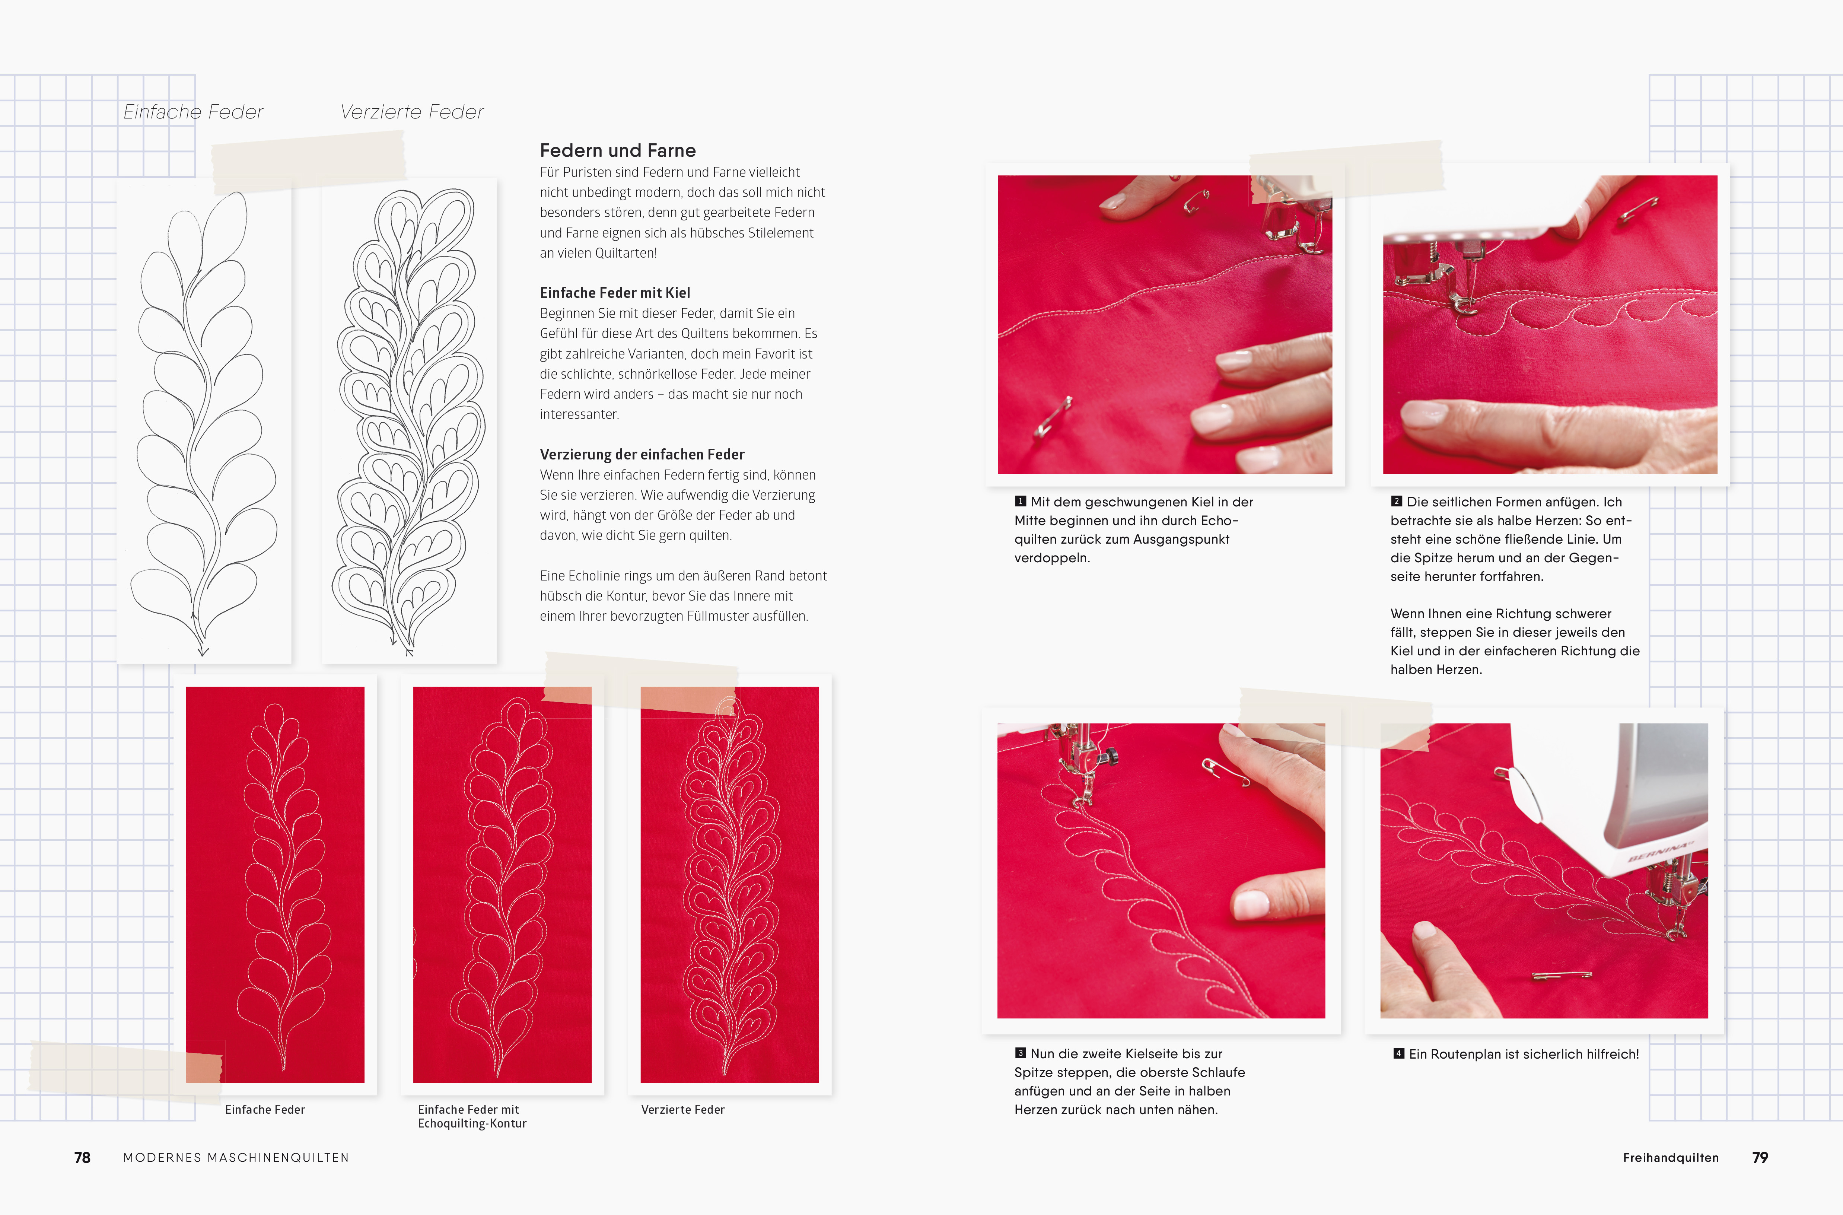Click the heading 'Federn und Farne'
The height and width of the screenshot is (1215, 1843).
click(x=617, y=150)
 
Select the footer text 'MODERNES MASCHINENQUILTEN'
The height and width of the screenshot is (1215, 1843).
click(x=236, y=1158)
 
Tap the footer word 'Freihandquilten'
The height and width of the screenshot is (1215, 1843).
click(x=1671, y=1158)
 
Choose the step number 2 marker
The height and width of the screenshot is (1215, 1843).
click(x=1397, y=501)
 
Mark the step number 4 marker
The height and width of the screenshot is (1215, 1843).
click(x=1398, y=1053)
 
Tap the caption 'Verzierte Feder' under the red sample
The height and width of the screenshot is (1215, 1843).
click(x=682, y=1110)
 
